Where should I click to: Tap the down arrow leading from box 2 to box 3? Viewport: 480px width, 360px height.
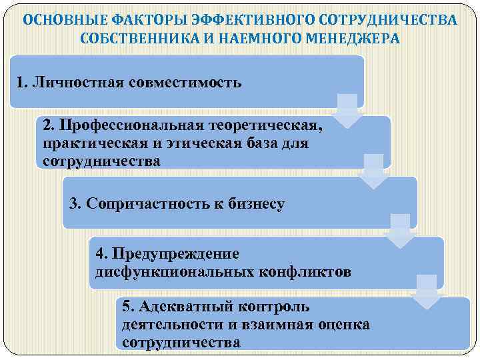pos(374,171)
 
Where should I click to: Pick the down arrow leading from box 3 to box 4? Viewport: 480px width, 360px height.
pos(400,231)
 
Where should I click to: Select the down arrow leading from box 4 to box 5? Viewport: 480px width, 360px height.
pos(427,291)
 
